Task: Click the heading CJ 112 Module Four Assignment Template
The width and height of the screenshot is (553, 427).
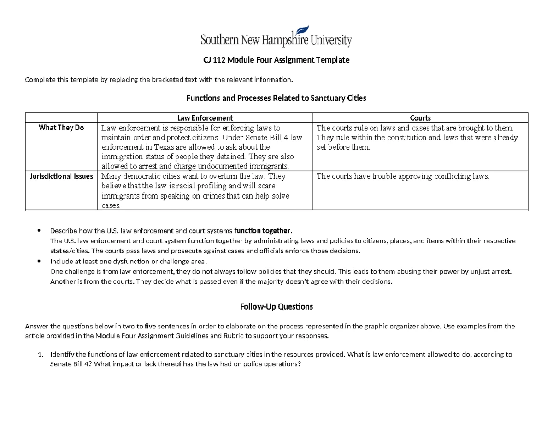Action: point(276,60)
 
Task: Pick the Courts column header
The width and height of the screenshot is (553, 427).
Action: point(422,118)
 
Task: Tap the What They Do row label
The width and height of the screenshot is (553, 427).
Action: point(61,128)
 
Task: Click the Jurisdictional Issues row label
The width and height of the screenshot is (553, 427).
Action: point(61,176)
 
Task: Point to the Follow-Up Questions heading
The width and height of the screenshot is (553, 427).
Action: point(276,306)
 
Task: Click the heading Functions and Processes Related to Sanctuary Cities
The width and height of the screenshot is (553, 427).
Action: point(276,98)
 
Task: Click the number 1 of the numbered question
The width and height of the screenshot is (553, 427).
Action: point(40,355)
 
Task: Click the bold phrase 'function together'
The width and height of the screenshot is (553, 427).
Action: point(263,231)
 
